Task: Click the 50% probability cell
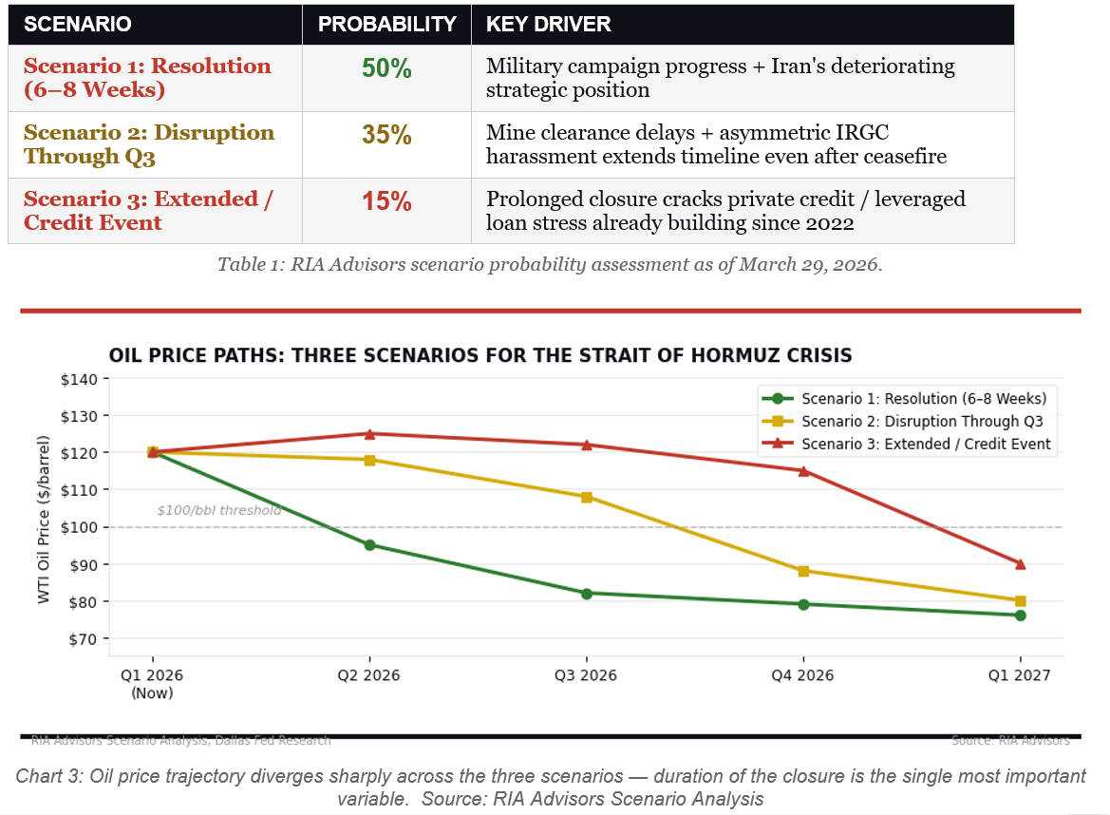pos(386,68)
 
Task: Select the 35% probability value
pos(386,135)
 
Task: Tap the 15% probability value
pos(386,201)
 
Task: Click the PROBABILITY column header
pos(386,25)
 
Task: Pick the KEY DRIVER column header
pos(549,25)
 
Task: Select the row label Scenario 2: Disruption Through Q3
pos(149,144)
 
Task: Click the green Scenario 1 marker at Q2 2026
pos(368,545)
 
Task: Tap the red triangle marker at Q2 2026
pos(368,434)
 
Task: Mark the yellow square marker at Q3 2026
pos(586,497)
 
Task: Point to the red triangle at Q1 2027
pos(1020,564)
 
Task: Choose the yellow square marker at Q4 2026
pos(803,571)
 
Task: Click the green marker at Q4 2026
pos(803,604)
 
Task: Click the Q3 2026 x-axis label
pos(586,676)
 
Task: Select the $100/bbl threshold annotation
pos(218,511)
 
